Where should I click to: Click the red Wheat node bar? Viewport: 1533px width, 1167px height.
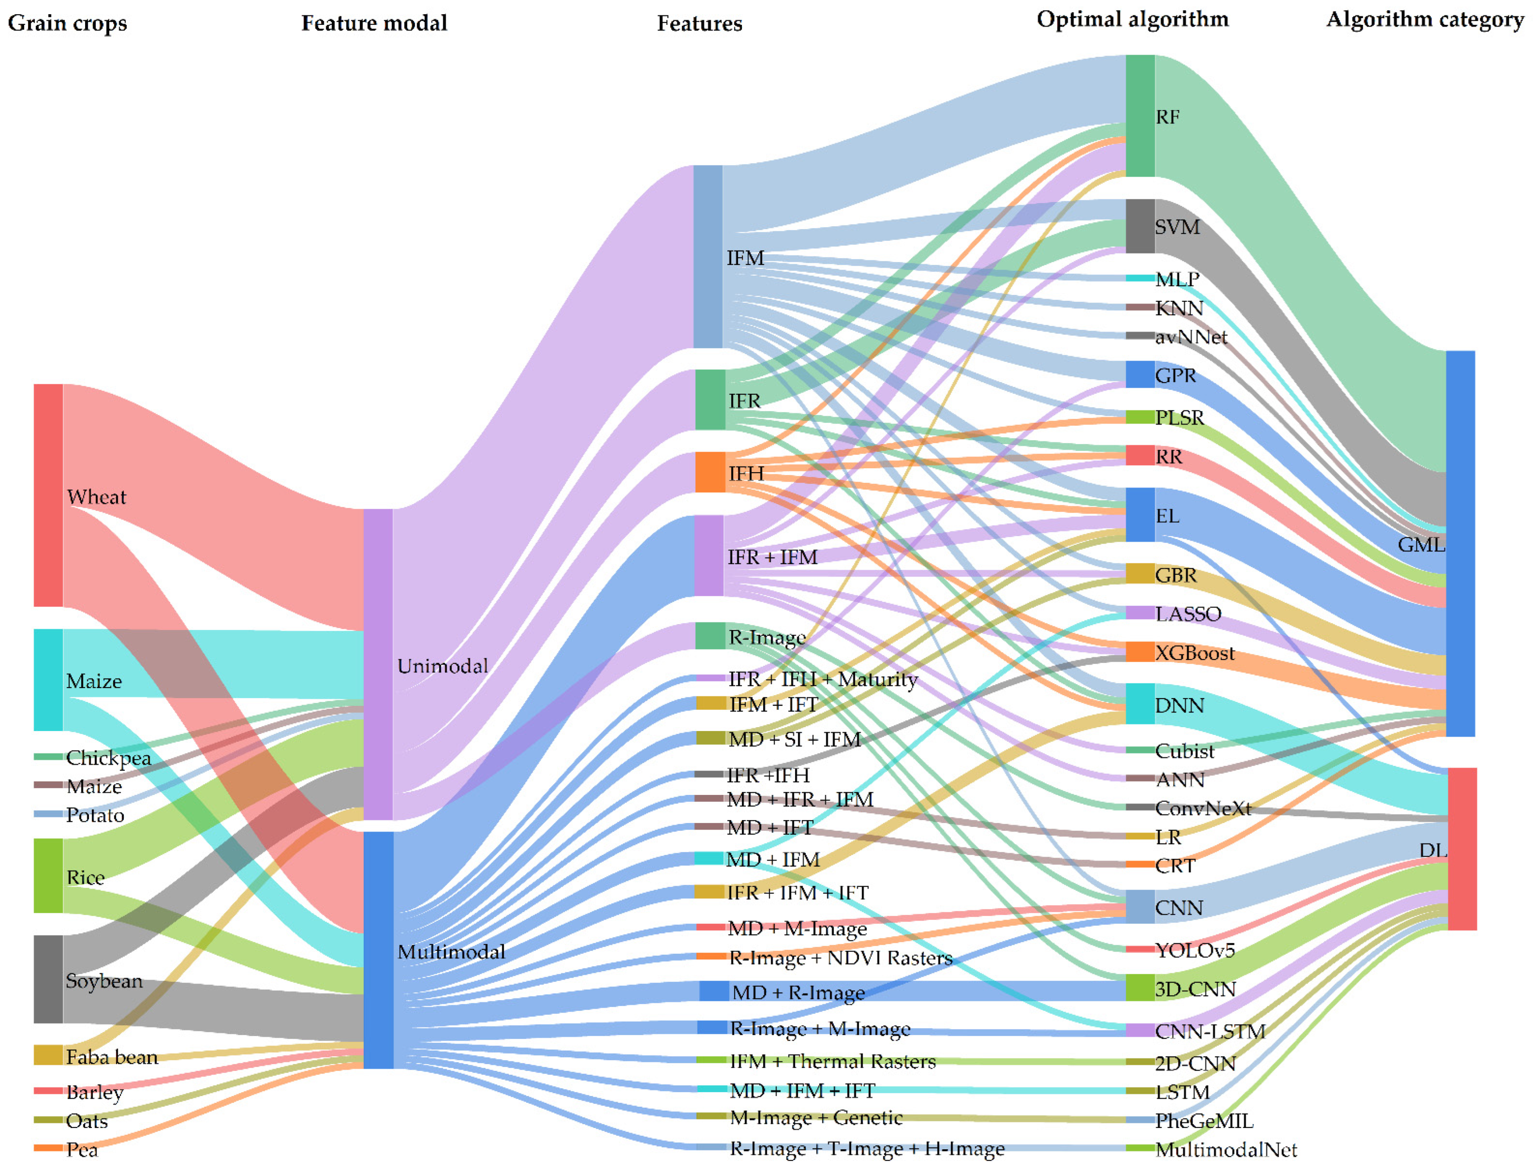[48, 495]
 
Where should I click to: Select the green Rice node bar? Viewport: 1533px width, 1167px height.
[48, 875]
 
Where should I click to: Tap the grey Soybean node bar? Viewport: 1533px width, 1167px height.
[48, 978]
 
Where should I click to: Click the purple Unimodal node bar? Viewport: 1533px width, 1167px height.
[378, 664]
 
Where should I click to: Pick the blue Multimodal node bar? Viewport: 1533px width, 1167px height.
[378, 949]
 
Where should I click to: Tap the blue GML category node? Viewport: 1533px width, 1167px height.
[1460, 543]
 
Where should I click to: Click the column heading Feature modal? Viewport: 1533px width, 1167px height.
[374, 23]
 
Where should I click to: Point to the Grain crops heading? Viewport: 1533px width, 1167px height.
[67, 23]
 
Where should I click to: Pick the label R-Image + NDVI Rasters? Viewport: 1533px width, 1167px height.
[840, 958]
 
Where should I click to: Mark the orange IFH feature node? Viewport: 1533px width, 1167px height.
[710, 472]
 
